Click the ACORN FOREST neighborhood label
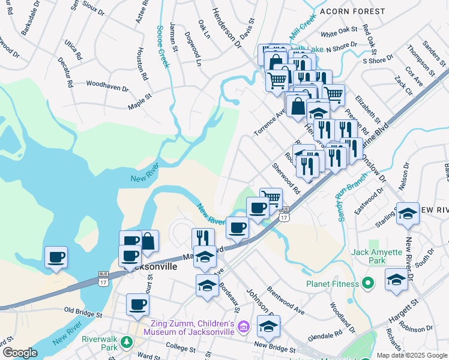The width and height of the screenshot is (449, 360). tap(352, 11)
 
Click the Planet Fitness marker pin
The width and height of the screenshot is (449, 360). tap(366, 283)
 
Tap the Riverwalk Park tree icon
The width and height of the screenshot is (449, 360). tap(126, 342)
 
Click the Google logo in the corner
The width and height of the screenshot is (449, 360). tap(20, 353)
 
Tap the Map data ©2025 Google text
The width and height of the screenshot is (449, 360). tap(411, 355)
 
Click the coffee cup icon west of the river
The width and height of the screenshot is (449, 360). tap(56, 257)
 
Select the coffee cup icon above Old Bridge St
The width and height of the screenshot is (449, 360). tap(137, 304)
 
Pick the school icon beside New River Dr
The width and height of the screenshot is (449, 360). tap(396, 280)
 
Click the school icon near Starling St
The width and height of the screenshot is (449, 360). tap(407, 214)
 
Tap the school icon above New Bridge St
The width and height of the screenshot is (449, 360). tap(268, 326)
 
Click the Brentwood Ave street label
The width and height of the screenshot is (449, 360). tap(288, 298)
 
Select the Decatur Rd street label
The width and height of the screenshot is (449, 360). tap(64, 74)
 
